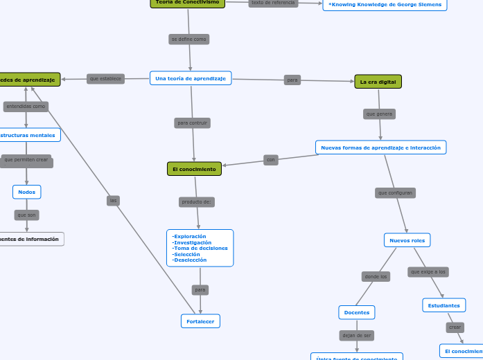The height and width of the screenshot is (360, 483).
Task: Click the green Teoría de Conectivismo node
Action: (x=187, y=3)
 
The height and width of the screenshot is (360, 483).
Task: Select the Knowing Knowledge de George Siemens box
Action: (x=385, y=5)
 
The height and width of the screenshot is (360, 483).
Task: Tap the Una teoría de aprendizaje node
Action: (x=191, y=78)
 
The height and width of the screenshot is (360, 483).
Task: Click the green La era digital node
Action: (x=378, y=82)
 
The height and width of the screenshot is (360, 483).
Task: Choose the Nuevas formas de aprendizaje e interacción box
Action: (x=380, y=147)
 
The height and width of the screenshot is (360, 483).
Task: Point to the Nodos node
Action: (x=27, y=192)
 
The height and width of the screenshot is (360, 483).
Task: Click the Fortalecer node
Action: (x=200, y=321)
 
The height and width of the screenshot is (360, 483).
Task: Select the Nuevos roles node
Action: (x=407, y=240)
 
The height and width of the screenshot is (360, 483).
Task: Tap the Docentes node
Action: (x=357, y=313)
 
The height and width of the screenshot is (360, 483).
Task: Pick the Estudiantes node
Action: (x=444, y=305)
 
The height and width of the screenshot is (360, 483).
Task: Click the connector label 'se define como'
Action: (x=189, y=39)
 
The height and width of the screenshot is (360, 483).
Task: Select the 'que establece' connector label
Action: (x=106, y=79)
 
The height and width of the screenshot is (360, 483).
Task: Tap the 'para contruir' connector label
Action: (x=193, y=123)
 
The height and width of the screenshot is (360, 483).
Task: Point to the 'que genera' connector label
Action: (x=379, y=114)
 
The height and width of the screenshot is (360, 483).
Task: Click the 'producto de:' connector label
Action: (x=197, y=202)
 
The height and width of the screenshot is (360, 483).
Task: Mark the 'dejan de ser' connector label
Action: (x=357, y=336)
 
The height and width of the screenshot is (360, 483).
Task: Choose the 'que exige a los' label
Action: (x=428, y=272)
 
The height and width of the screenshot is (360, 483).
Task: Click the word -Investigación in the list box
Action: (x=193, y=242)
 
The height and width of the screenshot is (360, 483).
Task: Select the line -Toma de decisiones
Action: (x=200, y=248)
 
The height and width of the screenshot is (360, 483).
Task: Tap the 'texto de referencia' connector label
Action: (x=273, y=3)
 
